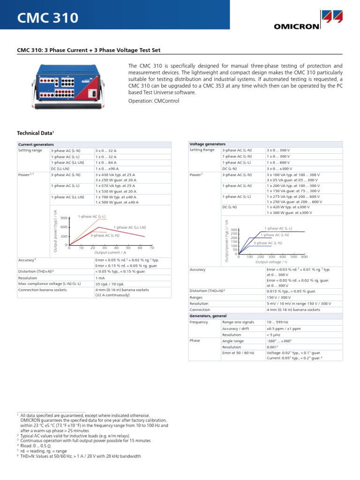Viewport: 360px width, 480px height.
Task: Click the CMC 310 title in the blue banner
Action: point(48,18)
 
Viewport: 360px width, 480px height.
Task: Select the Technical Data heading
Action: point(36,134)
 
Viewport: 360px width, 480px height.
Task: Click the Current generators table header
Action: point(36,144)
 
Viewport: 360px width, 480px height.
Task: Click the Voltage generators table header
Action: point(207,144)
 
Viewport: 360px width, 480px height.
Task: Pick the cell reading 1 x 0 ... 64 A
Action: point(106,162)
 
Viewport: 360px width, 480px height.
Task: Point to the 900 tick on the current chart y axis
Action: point(64,218)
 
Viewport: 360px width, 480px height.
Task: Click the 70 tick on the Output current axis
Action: point(152,247)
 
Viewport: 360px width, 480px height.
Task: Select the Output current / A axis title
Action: point(110,252)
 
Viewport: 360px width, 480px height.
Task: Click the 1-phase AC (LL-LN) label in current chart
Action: point(129,227)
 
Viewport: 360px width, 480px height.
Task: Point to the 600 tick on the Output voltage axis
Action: point(304,257)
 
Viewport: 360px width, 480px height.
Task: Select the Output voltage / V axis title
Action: point(271,262)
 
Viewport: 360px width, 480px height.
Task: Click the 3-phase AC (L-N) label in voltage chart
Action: point(268,243)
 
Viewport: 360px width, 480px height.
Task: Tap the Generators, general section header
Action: point(208,316)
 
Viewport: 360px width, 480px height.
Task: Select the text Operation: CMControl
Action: point(154,101)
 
